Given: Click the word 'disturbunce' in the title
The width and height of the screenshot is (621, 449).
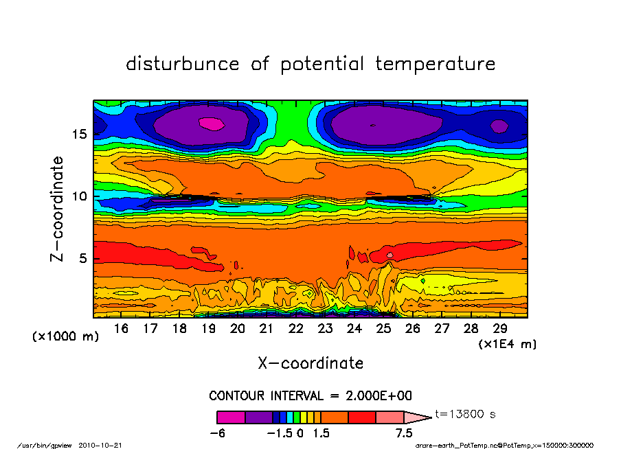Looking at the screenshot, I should (x=183, y=65).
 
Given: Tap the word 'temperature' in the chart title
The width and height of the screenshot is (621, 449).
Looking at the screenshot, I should (x=435, y=65).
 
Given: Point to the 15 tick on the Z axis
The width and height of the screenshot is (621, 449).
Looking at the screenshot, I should (x=79, y=134).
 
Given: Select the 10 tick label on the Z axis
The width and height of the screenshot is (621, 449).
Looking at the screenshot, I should (x=79, y=196).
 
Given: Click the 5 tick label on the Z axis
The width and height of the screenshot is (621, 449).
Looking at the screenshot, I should (x=82, y=259).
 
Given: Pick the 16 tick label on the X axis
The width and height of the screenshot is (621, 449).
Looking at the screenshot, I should (x=121, y=329).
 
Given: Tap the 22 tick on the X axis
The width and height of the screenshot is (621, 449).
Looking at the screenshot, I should (x=296, y=329).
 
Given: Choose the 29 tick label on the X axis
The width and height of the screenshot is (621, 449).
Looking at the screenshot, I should (x=500, y=329).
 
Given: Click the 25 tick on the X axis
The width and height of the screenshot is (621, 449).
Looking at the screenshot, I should (x=383, y=329).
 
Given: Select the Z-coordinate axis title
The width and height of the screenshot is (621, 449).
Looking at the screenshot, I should (x=58, y=209).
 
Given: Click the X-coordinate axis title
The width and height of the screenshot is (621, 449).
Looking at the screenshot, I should (x=310, y=363).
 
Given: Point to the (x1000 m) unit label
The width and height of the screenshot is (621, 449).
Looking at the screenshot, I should (x=66, y=337).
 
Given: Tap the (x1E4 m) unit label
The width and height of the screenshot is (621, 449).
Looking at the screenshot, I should (x=508, y=344).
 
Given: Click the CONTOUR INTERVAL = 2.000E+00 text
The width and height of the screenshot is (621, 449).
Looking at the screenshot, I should (x=310, y=396).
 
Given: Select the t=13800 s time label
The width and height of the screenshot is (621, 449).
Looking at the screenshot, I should (x=465, y=415).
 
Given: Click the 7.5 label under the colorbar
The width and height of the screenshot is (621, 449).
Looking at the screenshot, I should (x=404, y=433).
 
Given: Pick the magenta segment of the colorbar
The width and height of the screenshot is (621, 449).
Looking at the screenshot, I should (x=231, y=417).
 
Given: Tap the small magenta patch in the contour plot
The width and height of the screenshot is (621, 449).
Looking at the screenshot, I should (x=212, y=124).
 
